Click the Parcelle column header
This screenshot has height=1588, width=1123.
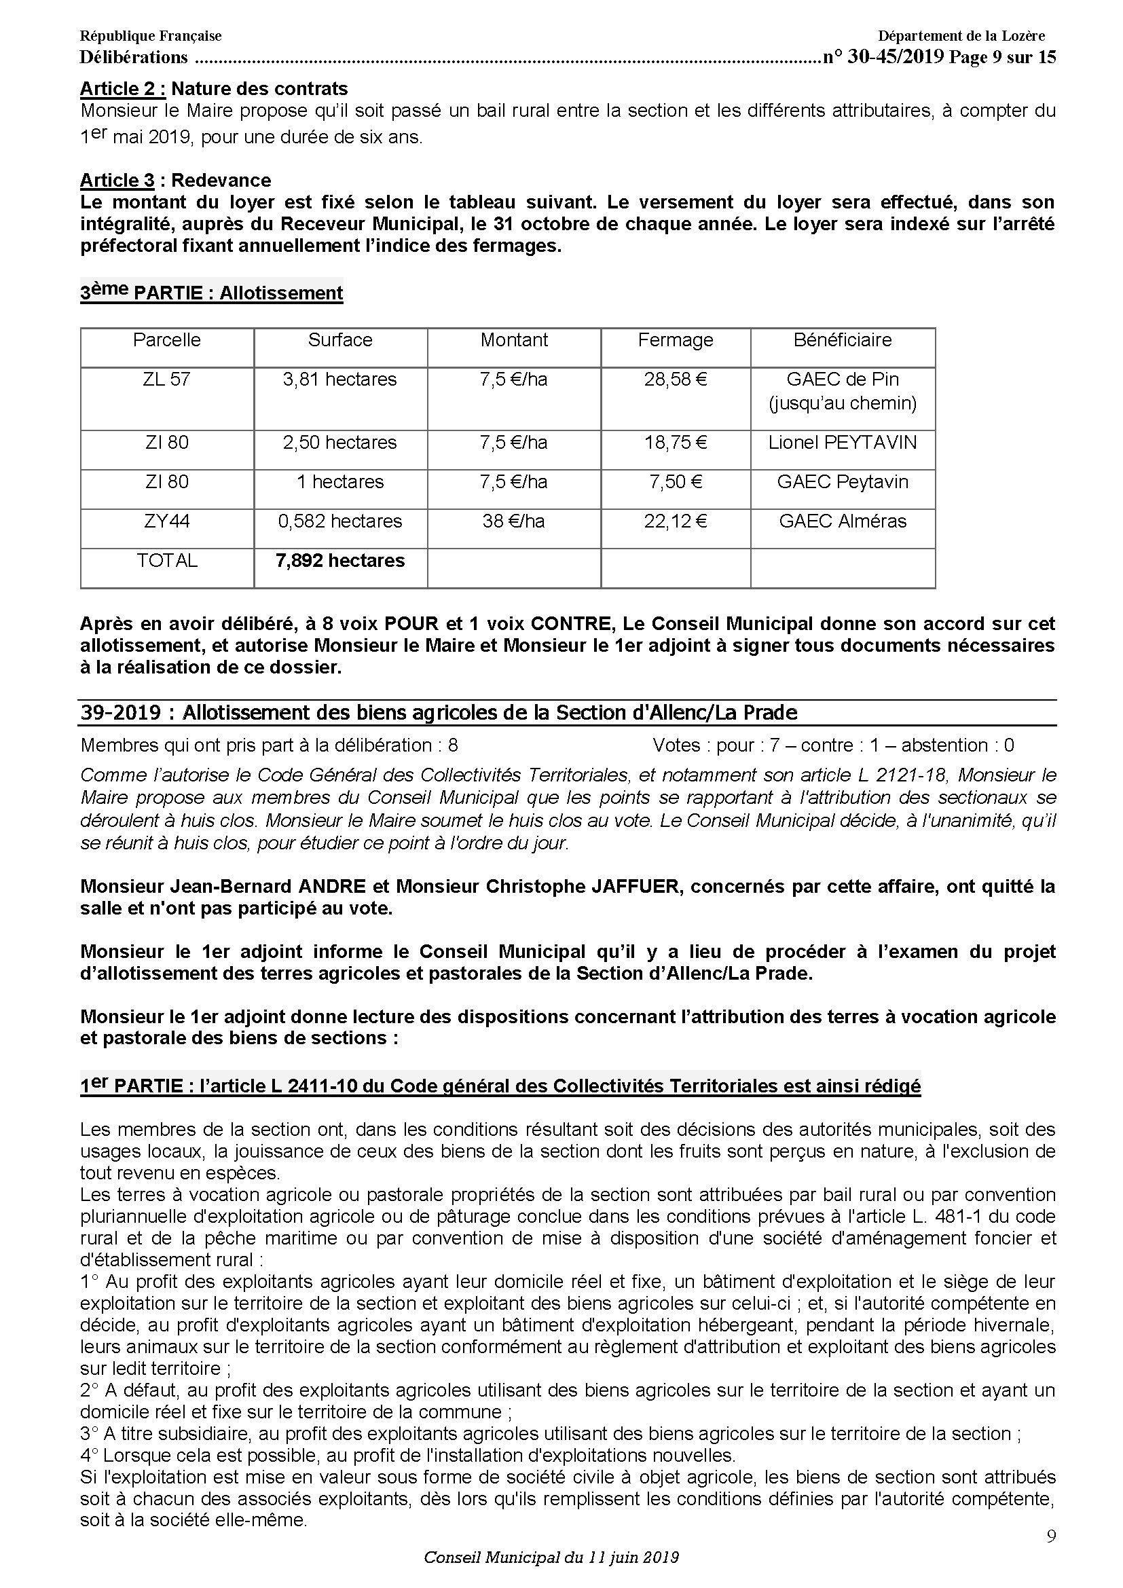click(166, 339)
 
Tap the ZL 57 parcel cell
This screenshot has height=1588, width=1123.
click(166, 379)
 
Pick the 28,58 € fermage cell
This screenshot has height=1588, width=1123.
click(675, 379)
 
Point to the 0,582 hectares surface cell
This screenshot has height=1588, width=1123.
click(339, 521)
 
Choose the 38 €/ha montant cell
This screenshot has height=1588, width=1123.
click(513, 521)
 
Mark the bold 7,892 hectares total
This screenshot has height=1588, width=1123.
click(339, 560)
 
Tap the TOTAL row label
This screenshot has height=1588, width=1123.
click(166, 560)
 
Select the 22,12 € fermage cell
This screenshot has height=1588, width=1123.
click(675, 521)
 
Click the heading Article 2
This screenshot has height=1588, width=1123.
click(122, 88)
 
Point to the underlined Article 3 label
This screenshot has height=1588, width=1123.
click(117, 180)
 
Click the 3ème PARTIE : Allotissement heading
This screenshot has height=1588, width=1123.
click(212, 292)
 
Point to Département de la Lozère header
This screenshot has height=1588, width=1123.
click(961, 36)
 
